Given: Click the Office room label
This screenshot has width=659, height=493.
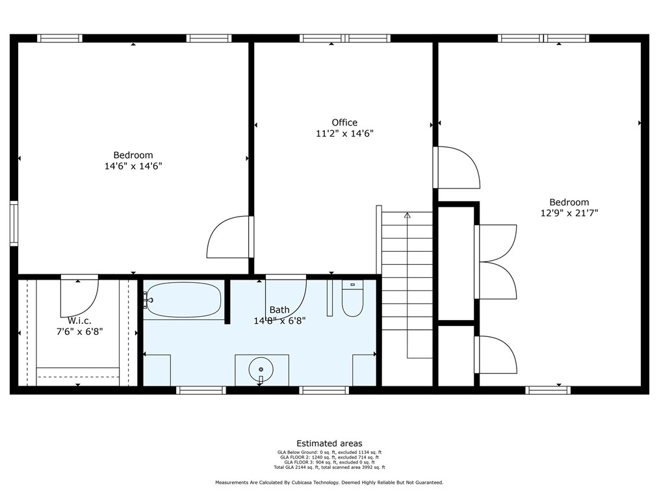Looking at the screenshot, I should pyautogui.click(x=344, y=122).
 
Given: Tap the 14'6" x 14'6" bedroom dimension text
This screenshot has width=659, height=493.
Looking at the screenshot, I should pyautogui.click(x=133, y=166).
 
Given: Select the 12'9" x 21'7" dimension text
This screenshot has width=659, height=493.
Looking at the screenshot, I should pyautogui.click(x=569, y=213).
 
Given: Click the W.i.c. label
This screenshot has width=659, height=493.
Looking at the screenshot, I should pyautogui.click(x=79, y=321).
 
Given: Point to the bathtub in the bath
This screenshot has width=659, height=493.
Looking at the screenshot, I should pyautogui.click(x=183, y=300).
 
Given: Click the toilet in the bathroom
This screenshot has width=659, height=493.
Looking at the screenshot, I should pyautogui.click(x=352, y=300).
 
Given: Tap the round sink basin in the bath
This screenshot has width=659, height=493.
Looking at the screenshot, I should pyautogui.click(x=260, y=369).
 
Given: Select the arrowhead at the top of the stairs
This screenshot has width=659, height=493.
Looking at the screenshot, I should pyautogui.click(x=407, y=215).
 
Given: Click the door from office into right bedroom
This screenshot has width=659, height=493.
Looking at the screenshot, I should pyautogui.click(x=456, y=168).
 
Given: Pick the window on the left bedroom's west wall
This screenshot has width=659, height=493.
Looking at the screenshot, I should pyautogui.click(x=14, y=224).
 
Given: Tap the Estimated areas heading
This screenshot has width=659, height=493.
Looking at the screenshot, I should pyautogui.click(x=329, y=444).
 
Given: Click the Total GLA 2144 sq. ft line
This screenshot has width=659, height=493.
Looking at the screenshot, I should pyautogui.click(x=329, y=467).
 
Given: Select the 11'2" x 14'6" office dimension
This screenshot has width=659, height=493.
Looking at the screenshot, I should pyautogui.click(x=344, y=133).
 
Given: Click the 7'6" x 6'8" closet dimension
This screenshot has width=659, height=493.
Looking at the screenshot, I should pyautogui.click(x=79, y=331).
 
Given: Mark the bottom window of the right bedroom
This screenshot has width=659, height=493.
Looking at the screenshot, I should pyautogui.click(x=548, y=390).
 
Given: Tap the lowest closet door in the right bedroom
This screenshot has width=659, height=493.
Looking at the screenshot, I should pyautogui.click(x=495, y=355).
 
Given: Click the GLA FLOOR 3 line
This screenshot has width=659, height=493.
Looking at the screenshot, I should pyautogui.click(x=329, y=462).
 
